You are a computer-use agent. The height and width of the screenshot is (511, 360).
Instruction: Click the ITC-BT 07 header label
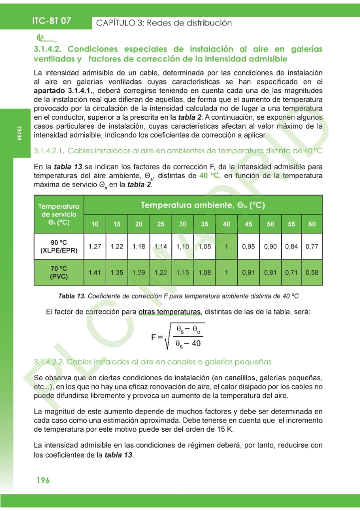(x=51, y=21)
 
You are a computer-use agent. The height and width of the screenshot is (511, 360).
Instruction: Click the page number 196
(x=42, y=481)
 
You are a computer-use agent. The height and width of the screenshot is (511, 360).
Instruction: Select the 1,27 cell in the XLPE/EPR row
(x=95, y=247)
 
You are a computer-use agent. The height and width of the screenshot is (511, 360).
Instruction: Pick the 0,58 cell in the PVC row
(x=312, y=272)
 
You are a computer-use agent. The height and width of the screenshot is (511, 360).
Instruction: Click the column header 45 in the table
(x=248, y=224)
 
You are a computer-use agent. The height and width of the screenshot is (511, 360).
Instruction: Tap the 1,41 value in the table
(x=95, y=272)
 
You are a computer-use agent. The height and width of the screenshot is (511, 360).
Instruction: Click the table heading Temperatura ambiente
(x=202, y=205)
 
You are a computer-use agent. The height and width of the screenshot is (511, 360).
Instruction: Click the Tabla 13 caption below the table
(x=179, y=296)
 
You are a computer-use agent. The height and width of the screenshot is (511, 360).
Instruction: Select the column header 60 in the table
(x=312, y=224)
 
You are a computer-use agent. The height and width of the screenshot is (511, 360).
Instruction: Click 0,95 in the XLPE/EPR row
(x=248, y=247)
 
